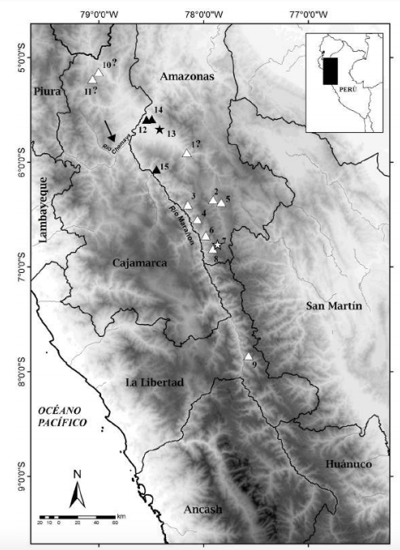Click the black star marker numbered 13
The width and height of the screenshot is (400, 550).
[160, 130]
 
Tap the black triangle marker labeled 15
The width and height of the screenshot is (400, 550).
[156, 169]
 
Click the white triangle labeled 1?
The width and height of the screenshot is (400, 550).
[187, 153]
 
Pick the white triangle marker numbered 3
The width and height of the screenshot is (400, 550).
[188, 206]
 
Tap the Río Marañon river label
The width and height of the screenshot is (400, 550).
[181, 220]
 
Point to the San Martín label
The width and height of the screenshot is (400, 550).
[332, 305]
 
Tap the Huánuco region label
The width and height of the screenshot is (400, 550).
[348, 464]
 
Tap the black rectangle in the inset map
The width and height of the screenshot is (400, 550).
[330, 70]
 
